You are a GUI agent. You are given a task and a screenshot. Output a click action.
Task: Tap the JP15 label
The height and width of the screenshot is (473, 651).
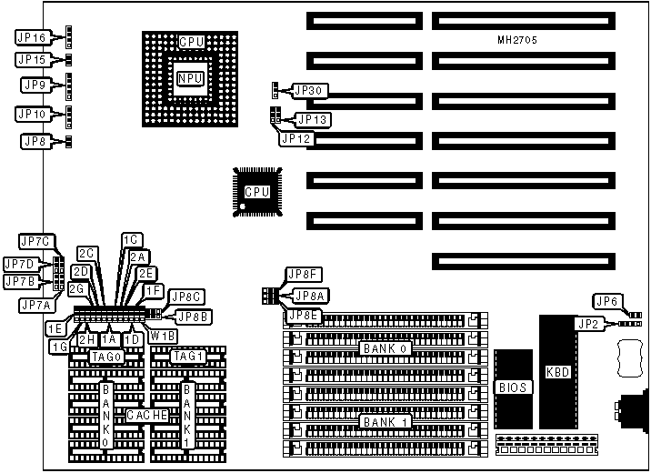click(x=31, y=60)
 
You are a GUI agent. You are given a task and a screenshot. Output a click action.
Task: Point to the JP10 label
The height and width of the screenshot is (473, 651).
click(x=31, y=115)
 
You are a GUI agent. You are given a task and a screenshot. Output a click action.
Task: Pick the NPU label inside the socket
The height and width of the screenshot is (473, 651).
click(x=190, y=79)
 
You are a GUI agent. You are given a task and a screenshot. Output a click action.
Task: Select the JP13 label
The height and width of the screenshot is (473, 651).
click(x=313, y=119)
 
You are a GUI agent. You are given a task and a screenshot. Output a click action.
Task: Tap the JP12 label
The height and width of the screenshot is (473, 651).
click(x=297, y=138)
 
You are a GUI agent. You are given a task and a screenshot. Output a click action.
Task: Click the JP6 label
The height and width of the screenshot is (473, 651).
click(x=607, y=301)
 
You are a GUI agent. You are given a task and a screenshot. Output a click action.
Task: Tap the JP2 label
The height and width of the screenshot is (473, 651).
click(x=586, y=322)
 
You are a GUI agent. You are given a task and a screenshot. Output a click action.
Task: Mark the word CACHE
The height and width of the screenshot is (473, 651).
click(x=145, y=415)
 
